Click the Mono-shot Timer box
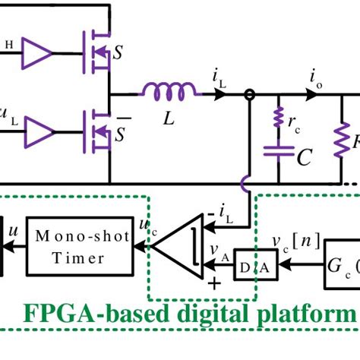79,248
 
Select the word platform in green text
312,313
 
